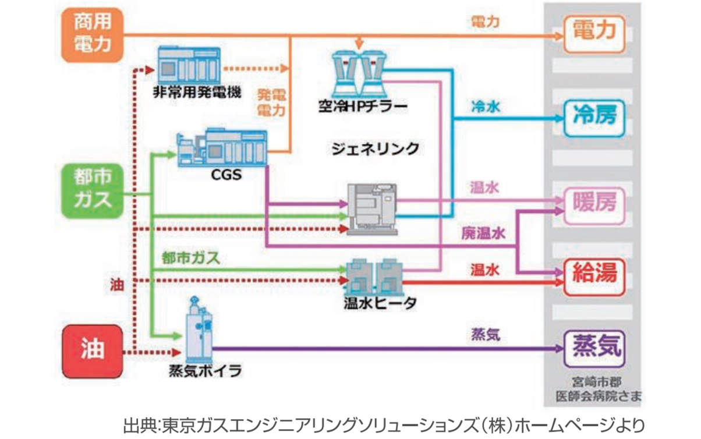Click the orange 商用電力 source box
(93, 36)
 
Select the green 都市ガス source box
(93, 190)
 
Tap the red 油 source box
(93, 351)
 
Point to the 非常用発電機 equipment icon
(189, 66)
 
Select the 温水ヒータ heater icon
(373, 276)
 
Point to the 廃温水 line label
(483, 233)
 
